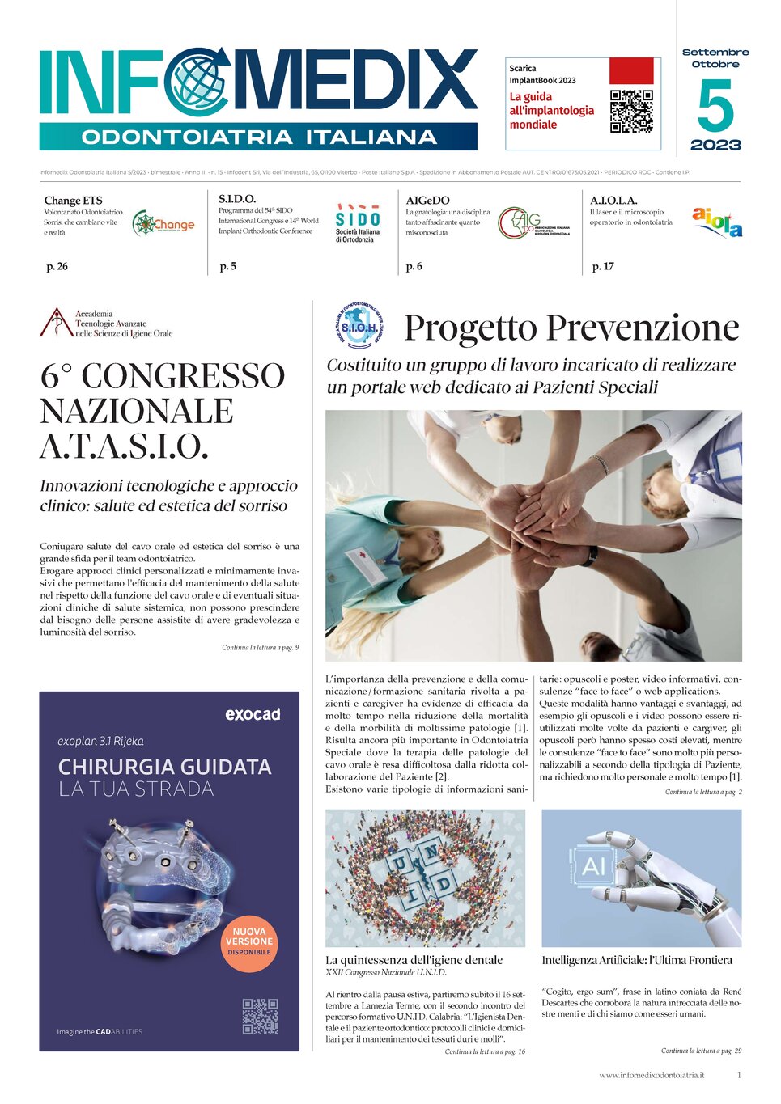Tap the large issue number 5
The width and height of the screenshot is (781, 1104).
click(715, 106)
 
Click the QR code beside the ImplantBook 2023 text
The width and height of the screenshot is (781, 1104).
click(631, 111)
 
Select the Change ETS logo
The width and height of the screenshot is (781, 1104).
click(163, 223)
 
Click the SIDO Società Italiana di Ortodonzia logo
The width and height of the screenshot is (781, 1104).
click(358, 223)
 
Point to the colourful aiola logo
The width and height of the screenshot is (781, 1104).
click(717, 221)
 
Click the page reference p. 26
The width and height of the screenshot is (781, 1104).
click(57, 266)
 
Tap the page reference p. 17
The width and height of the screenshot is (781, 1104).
click(603, 266)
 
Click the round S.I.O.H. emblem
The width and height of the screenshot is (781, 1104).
click(359, 326)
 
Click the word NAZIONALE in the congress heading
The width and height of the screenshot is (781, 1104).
click(137, 411)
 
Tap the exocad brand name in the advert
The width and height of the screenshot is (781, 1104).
click(253, 714)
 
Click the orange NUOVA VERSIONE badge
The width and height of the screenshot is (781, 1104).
click(248, 941)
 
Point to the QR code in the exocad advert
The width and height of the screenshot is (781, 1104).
click(260, 1016)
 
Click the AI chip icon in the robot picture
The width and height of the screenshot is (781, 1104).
click(594, 866)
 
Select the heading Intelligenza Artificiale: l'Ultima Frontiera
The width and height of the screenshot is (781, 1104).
click(637, 960)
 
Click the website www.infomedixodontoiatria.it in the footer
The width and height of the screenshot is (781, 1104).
click(652, 1075)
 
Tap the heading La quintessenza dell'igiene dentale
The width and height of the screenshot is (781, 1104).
click(414, 960)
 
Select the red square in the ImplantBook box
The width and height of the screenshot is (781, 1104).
click(630, 71)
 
